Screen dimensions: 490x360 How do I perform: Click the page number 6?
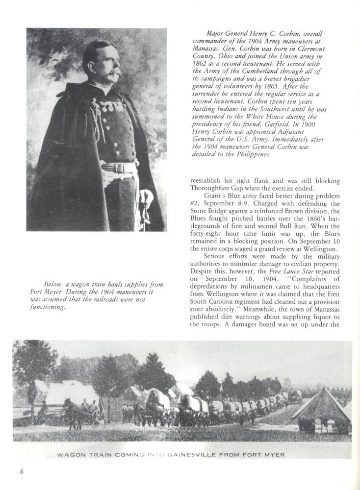click(22, 472)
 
